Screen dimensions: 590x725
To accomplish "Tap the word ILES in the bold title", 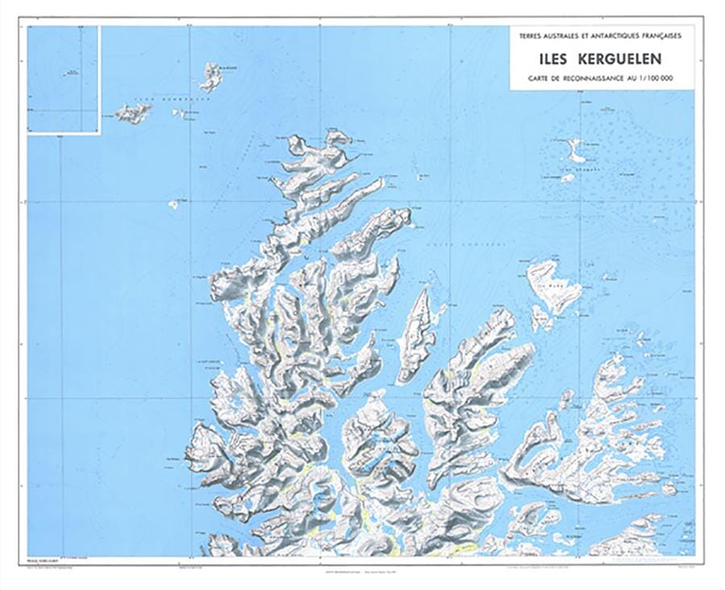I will (557, 59).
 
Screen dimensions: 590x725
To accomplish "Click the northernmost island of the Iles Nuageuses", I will (212, 76).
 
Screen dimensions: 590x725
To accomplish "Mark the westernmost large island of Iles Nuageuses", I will (134, 113).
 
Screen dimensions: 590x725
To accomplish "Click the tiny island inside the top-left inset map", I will (69, 73).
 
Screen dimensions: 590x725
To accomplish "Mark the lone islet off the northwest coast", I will (173, 205).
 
